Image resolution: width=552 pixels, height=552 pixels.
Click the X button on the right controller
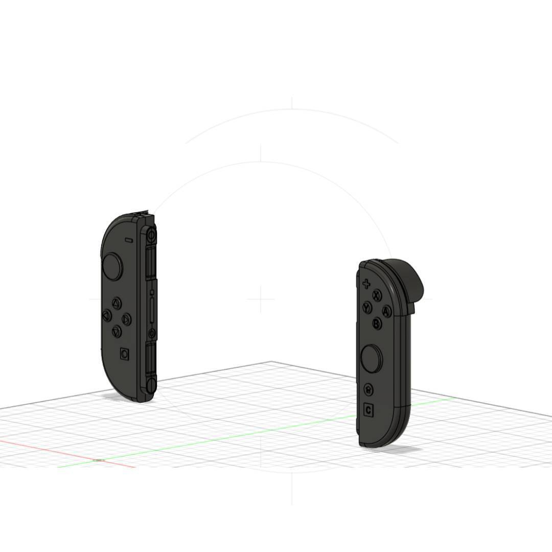click(377, 295)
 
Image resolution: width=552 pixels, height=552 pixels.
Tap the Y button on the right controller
click(367, 307)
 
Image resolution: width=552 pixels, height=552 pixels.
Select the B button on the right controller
click(377, 323)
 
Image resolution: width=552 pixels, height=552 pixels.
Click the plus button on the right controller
click(366, 284)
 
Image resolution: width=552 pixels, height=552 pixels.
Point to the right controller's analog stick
click(372, 358)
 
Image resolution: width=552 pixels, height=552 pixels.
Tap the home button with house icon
click(369, 390)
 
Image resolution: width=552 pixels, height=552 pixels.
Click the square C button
click(369, 410)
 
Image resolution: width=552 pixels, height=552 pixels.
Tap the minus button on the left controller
click(128, 239)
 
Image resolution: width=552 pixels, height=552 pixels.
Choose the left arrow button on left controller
click(107, 316)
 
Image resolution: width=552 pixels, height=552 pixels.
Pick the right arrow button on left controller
click(126, 320)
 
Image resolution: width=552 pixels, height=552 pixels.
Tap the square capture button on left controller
click(124, 354)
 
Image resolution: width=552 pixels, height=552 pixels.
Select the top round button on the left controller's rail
click(151, 236)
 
